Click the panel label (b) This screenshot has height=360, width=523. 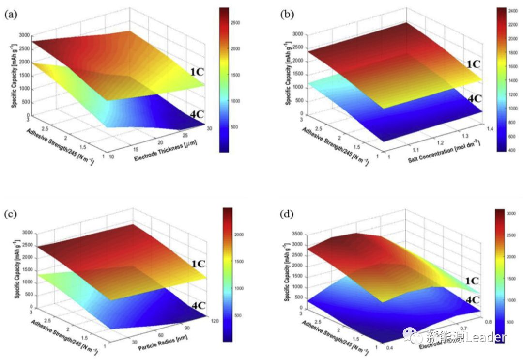pyautogui.click(x=287, y=15)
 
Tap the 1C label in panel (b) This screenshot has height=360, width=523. pyautogui.click(x=473, y=64)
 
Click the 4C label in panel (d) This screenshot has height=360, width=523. pyautogui.click(x=473, y=300)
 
